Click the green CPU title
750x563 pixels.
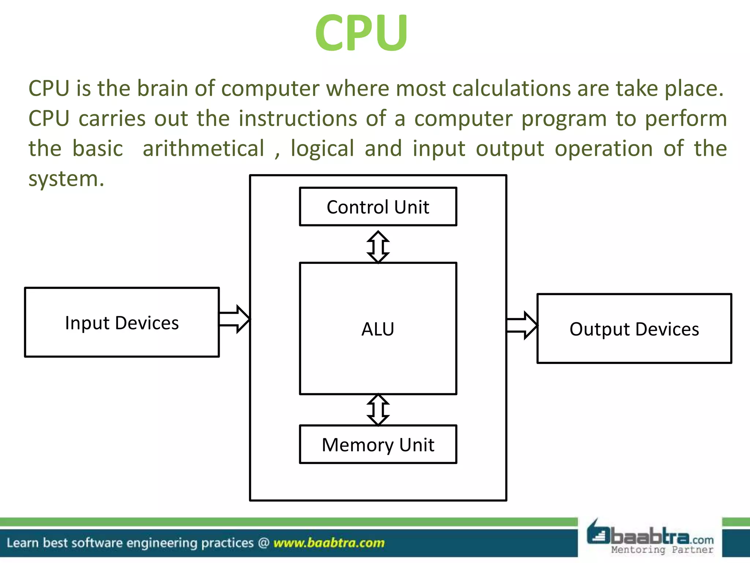coord(361,33)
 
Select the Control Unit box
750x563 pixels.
coord(378,207)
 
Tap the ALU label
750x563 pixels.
coord(378,329)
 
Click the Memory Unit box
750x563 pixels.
coord(378,445)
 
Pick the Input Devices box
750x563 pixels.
coord(122,323)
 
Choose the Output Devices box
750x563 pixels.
coord(634,329)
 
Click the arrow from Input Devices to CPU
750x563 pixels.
coord(234,319)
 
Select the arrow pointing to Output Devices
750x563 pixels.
coord(522,325)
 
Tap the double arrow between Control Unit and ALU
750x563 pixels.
coord(378,247)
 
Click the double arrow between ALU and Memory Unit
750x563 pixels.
coord(378,410)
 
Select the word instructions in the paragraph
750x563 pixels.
coord(298,119)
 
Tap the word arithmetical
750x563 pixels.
coord(203,149)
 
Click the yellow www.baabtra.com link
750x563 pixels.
coord(329,542)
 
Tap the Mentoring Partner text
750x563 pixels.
coord(662,549)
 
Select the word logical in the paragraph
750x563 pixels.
coord(322,149)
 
